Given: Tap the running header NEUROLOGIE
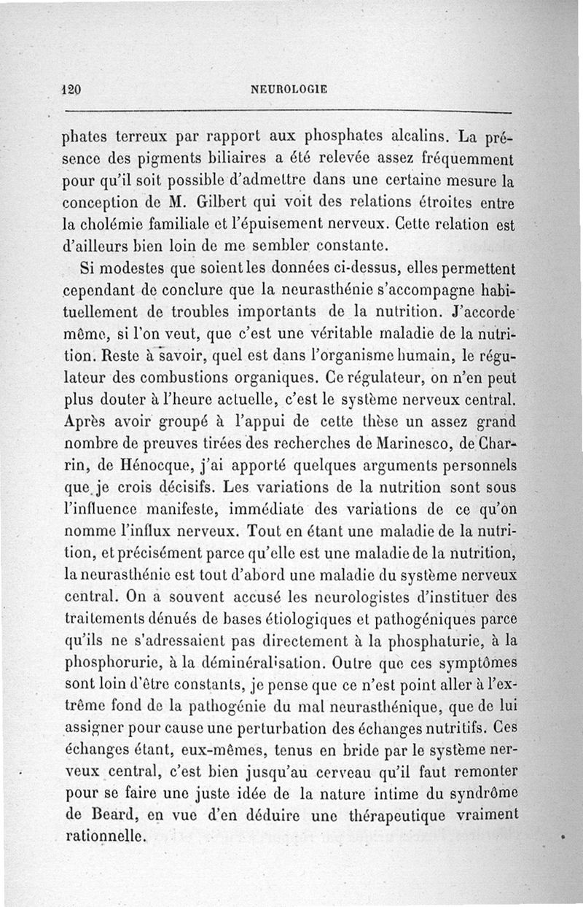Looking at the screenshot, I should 289,90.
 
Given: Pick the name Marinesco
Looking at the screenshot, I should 415,443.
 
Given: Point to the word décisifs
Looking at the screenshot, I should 183,486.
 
